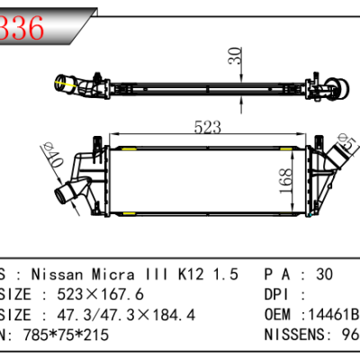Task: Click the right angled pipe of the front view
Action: point(342,166)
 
